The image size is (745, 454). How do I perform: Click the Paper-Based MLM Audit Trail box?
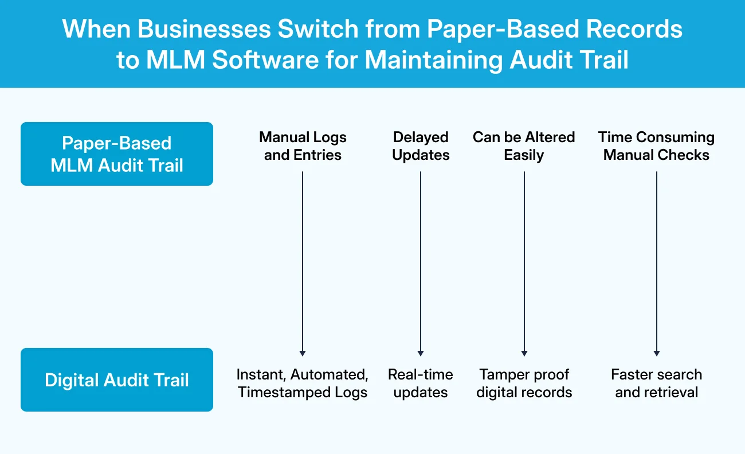point(116,154)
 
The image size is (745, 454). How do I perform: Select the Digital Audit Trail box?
point(116,379)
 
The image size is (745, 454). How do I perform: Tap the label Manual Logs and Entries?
point(303,146)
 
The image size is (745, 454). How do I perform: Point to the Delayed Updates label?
point(421,146)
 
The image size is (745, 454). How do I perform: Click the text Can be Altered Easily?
point(524,146)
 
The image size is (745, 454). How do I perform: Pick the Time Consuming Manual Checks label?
point(656,146)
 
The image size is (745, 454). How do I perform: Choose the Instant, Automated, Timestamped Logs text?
point(303,383)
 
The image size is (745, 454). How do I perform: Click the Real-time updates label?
point(421,383)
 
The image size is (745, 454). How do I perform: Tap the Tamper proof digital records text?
point(524,383)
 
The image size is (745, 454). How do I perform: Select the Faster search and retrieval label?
point(656,383)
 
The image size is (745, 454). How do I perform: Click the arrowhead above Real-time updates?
point(421,353)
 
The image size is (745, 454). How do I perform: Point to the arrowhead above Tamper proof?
point(524,353)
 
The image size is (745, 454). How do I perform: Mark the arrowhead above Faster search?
point(656,353)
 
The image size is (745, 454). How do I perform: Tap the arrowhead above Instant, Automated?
point(303,353)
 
